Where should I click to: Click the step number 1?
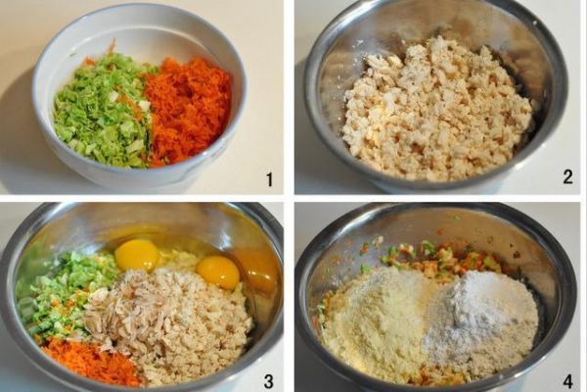(x=270, y=179)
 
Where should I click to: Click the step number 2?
(x=567, y=176)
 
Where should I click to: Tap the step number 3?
(x=268, y=381)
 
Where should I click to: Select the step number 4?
(x=567, y=381)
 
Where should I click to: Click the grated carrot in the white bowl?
(x=187, y=109)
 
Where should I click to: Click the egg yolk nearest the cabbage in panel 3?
(x=137, y=255)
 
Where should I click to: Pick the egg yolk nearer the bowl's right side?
(x=217, y=272)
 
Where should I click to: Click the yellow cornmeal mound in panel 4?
(x=378, y=322)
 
